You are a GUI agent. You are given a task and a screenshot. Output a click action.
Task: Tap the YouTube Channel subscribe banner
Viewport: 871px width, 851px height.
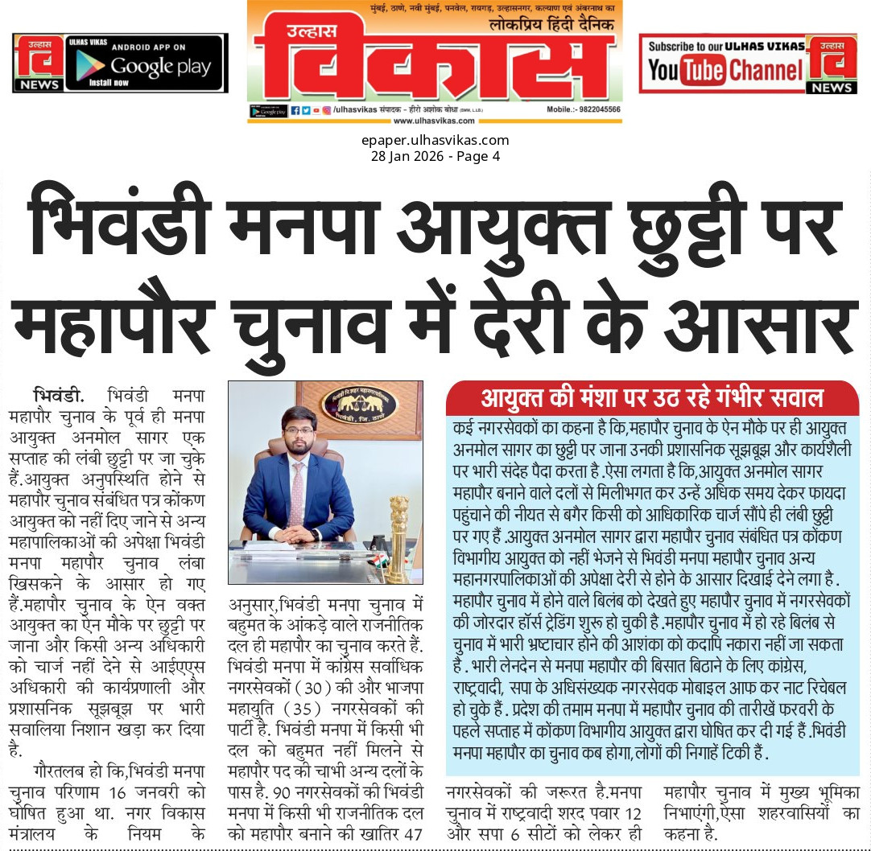tap(724, 64)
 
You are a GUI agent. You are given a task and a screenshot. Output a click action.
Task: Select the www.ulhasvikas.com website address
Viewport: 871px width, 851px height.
tap(434, 121)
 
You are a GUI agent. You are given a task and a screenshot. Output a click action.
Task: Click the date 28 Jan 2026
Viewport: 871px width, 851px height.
tap(407, 156)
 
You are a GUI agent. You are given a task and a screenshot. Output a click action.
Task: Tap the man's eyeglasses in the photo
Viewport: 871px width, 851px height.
tap(299, 430)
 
